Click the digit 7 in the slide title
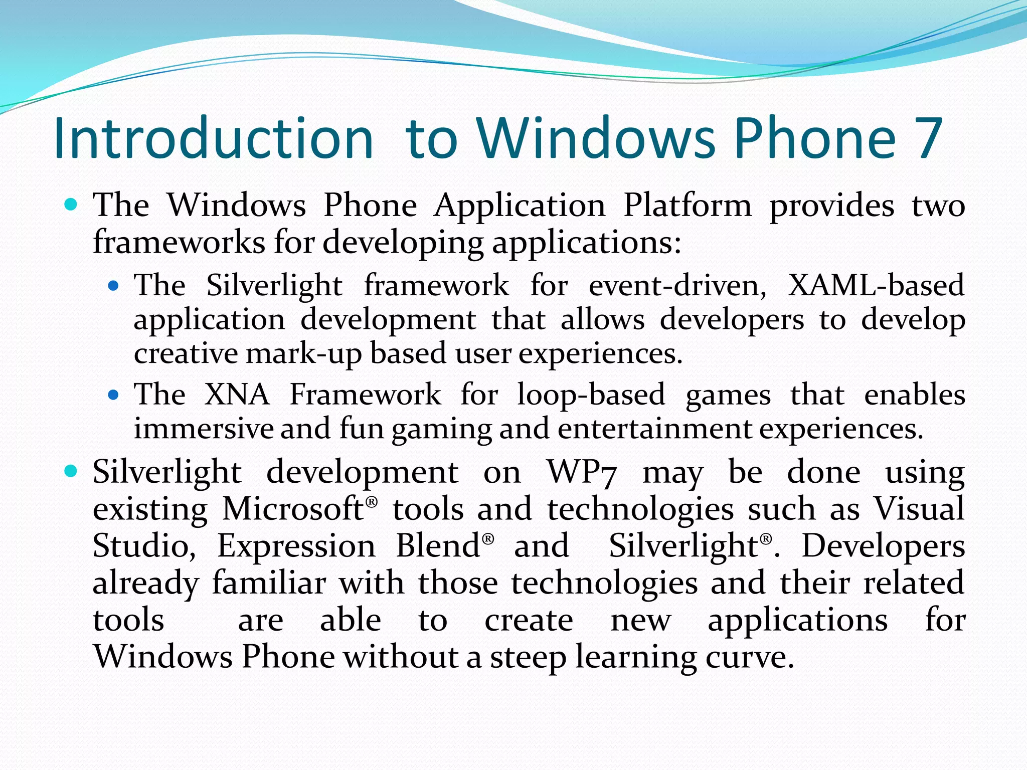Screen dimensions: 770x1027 (928, 138)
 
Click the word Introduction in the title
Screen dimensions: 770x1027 (213, 138)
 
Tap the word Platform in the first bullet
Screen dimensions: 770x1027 (687, 206)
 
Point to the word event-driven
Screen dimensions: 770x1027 (677, 286)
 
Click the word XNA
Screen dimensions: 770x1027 (237, 394)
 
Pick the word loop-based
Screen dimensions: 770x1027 (591, 395)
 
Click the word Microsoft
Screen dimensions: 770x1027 (293, 509)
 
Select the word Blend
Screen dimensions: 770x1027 (438, 546)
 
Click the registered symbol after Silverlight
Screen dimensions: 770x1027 (766, 539)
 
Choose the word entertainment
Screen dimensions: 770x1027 (654, 429)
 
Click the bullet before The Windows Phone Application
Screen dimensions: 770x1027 (72, 205)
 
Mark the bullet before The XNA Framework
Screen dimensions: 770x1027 (113, 395)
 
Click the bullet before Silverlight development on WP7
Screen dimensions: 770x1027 (72, 471)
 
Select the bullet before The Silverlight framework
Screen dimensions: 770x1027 (113, 286)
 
